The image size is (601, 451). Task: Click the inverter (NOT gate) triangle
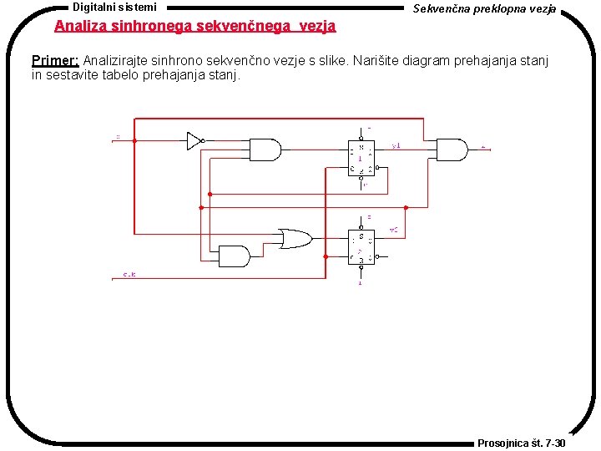(x=194, y=140)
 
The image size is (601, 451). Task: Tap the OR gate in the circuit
(x=294, y=238)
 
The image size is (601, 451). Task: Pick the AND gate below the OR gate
(x=235, y=256)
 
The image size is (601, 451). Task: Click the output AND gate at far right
(x=452, y=149)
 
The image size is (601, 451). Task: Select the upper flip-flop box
(x=361, y=157)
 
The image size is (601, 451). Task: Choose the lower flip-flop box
(x=361, y=246)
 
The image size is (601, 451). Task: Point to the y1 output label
(x=396, y=145)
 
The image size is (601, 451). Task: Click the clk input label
(x=129, y=274)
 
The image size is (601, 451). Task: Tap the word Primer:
(x=55, y=60)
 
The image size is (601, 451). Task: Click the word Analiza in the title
(x=80, y=26)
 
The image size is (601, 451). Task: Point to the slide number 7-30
(x=553, y=443)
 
